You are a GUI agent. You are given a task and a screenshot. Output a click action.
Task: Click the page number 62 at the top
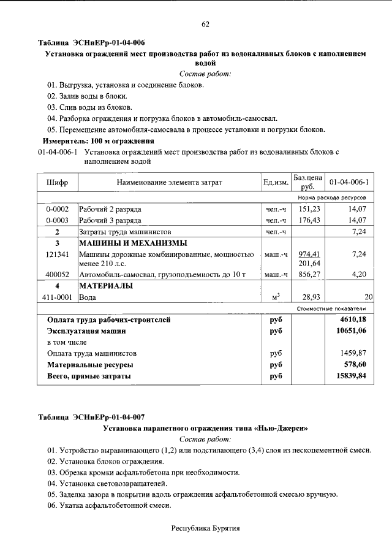coord(205,25)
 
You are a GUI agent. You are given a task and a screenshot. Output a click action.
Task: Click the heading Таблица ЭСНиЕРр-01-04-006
coord(91,43)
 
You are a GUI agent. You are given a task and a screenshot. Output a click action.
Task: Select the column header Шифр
coord(57,183)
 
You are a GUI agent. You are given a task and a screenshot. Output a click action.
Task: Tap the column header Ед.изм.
coord(276,183)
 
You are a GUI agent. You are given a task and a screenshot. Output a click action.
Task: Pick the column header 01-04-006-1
coord(349,183)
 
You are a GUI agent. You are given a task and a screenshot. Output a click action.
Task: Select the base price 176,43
coord(309,220)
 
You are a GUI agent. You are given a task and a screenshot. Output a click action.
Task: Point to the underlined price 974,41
coord(309,254)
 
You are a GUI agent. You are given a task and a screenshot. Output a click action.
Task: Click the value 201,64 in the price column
coord(309,264)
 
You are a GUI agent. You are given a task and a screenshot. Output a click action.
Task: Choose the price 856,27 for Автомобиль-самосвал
coord(309,275)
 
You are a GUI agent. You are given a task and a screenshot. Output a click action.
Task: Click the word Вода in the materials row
coord(88,297)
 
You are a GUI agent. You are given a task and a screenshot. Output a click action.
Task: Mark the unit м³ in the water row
coord(276,297)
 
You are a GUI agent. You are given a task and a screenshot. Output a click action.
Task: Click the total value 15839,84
coord(351,376)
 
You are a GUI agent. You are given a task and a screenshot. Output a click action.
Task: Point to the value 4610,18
coord(352,320)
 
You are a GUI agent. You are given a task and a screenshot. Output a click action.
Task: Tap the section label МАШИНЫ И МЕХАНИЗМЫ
coord(131,243)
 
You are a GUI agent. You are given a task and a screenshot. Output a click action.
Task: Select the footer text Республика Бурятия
coord(205,528)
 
